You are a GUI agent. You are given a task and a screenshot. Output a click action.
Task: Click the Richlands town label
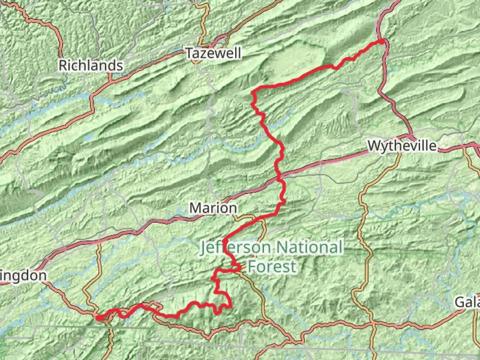(91, 65)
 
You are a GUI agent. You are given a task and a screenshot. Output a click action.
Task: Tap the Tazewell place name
(213, 53)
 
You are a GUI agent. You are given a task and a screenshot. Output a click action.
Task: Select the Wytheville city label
(402, 146)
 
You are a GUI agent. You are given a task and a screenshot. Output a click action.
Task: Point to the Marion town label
(213, 208)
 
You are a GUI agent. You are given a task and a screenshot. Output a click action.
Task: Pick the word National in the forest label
(309, 248)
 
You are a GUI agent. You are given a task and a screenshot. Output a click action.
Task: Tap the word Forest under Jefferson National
(272, 266)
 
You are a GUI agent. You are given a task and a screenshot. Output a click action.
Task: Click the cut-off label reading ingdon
(23, 276)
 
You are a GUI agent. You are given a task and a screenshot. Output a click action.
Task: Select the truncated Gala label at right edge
(467, 302)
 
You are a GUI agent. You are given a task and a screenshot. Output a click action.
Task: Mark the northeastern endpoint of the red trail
(382, 41)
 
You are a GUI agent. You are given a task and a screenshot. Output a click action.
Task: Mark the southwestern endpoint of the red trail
(98, 318)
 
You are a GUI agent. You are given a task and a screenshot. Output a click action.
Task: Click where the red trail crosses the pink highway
(279, 177)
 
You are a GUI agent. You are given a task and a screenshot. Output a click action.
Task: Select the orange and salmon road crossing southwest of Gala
(373, 323)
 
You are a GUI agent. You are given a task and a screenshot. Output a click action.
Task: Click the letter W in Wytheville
(374, 146)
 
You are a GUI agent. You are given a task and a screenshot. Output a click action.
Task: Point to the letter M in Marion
(196, 208)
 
